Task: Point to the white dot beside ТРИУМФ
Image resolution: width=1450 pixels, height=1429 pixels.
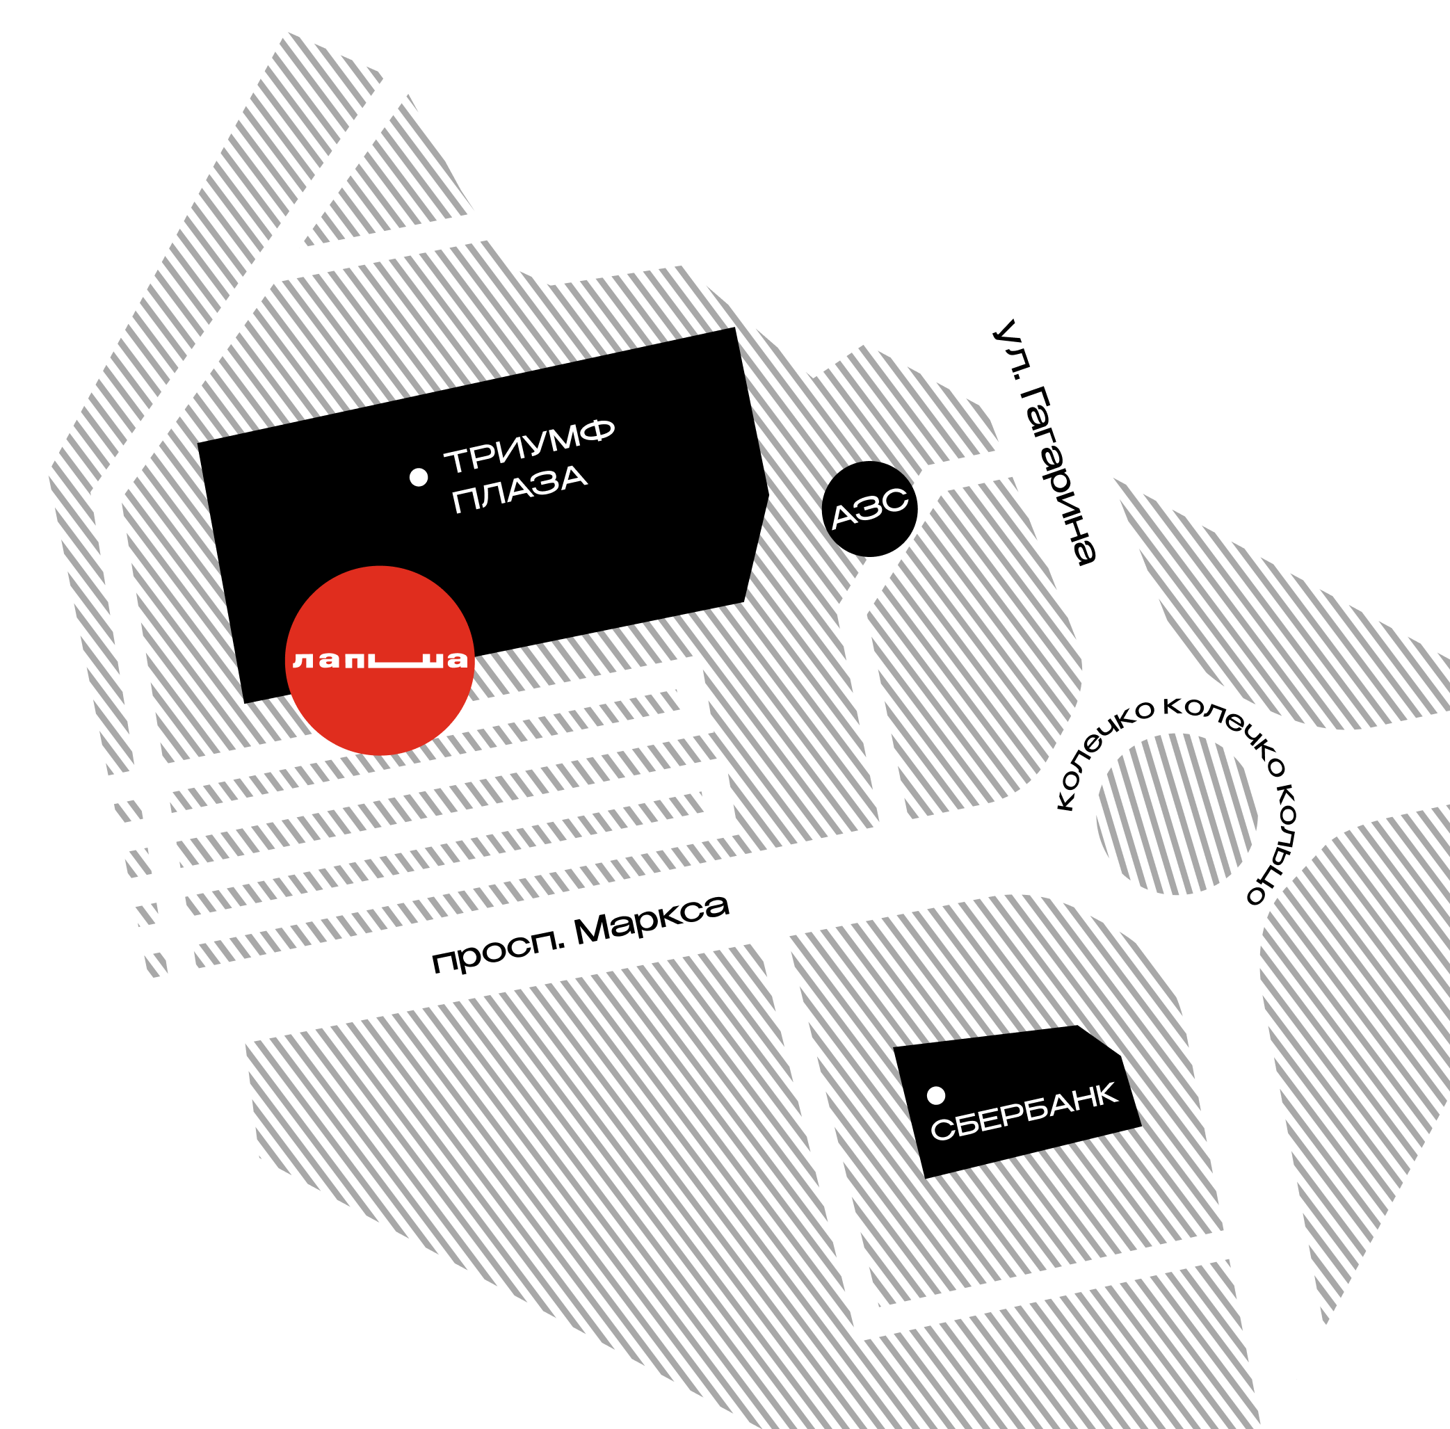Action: click(419, 476)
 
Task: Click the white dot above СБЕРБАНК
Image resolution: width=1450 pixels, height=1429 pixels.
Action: click(936, 1096)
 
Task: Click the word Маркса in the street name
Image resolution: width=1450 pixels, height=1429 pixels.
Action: click(652, 919)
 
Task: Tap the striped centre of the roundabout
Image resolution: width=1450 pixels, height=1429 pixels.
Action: click(1177, 814)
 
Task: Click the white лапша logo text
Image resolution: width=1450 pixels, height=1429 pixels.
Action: click(380, 660)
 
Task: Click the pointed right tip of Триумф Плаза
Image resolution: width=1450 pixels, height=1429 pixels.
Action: click(767, 493)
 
